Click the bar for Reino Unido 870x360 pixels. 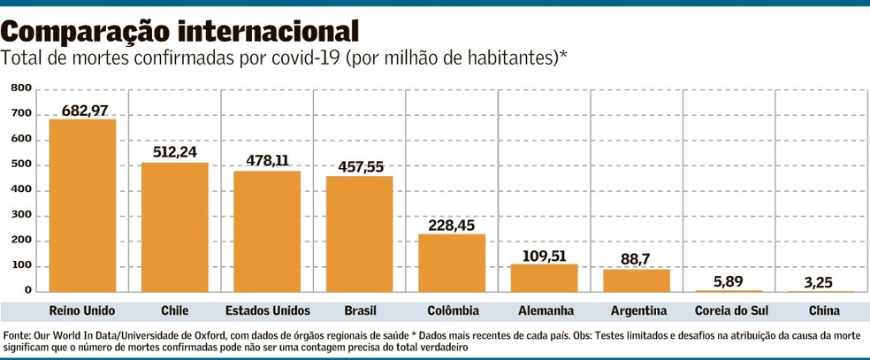tap(82, 205)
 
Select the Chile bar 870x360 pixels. tap(174, 227)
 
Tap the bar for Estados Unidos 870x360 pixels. tap(267, 232)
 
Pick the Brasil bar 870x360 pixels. tap(359, 234)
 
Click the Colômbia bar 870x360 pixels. tap(451, 263)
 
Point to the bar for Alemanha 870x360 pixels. tap(544, 278)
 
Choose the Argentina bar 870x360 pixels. tap(637, 280)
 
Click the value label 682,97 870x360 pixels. tap(82, 110)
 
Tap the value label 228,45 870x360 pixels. tap(451, 225)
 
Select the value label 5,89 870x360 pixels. tap(729, 280)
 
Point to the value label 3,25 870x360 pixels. tap(820, 281)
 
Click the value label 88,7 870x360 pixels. tap(637, 259)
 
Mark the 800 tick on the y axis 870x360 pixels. tap(21, 88)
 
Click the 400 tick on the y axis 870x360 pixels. tap(21, 189)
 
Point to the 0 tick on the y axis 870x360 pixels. tap(27, 290)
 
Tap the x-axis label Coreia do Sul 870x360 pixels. tap(729, 310)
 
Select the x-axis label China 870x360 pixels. tap(820, 310)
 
